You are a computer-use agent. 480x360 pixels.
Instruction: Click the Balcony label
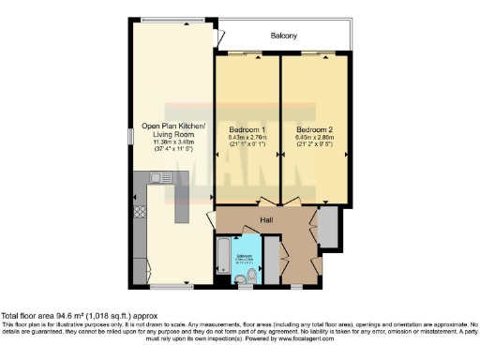point(284,36)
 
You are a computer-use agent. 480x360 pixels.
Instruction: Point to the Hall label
point(267,221)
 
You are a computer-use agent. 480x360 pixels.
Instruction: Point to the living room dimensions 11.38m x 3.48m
point(173,142)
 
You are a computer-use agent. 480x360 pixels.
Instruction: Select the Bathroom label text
point(244,255)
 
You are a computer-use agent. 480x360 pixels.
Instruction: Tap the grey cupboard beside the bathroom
point(268,259)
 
